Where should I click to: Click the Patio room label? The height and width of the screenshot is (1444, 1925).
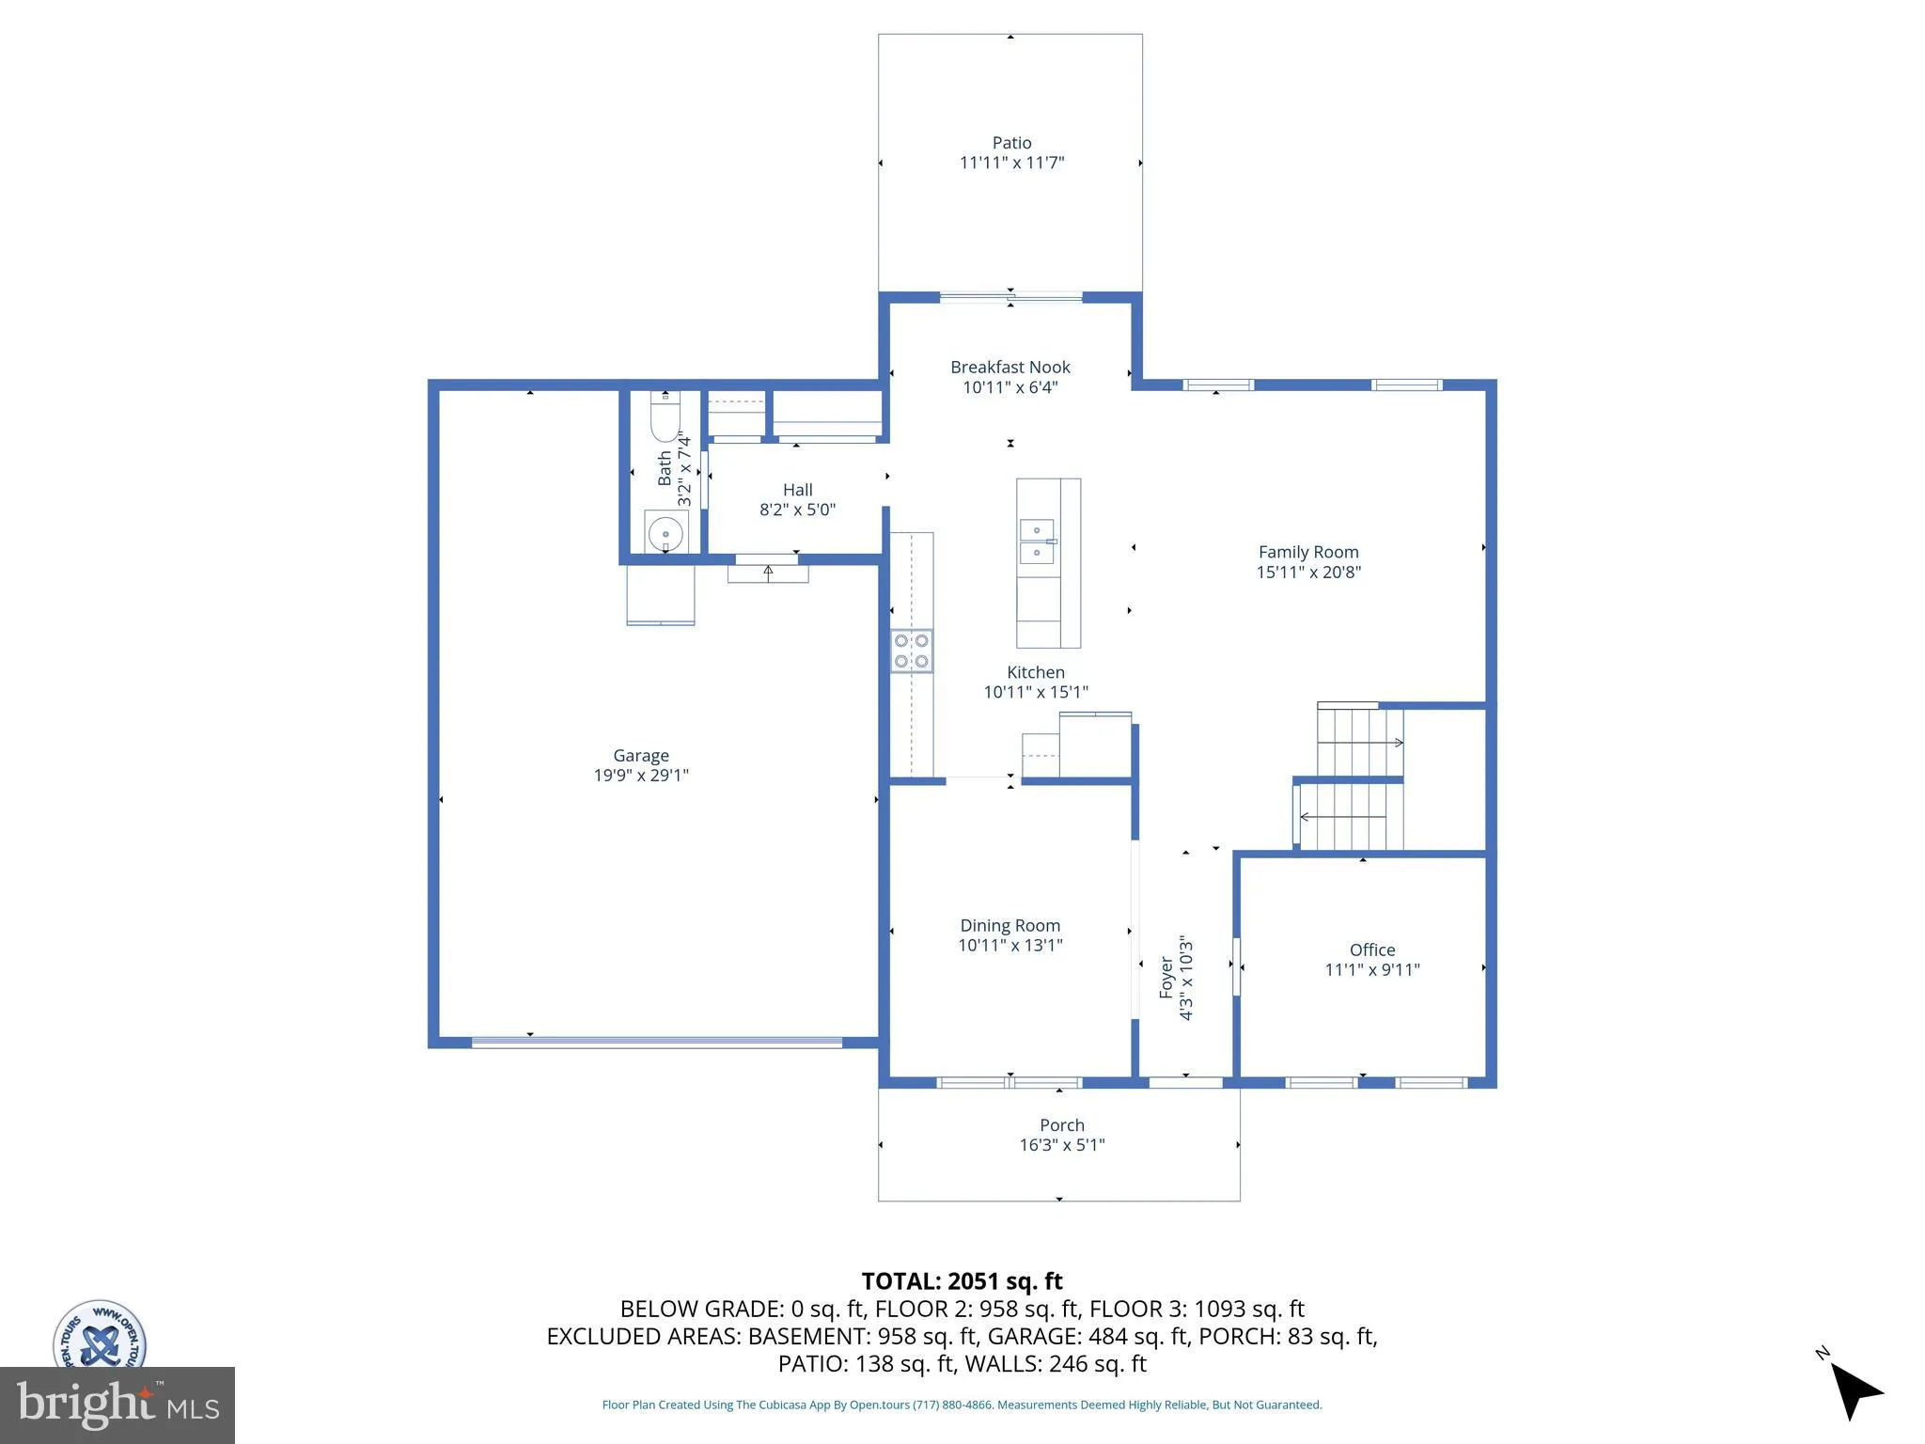click(x=1011, y=143)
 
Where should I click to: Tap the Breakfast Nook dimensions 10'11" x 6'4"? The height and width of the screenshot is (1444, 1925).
click(x=1010, y=387)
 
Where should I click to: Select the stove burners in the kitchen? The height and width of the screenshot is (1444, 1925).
click(x=912, y=651)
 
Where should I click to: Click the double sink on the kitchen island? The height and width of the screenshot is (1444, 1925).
click(x=1037, y=541)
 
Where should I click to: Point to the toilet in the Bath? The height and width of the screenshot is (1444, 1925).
click(x=665, y=418)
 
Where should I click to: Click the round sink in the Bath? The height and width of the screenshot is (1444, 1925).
click(x=665, y=534)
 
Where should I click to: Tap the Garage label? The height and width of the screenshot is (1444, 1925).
click(x=641, y=756)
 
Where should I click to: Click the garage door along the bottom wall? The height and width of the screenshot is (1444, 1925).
click(x=656, y=1042)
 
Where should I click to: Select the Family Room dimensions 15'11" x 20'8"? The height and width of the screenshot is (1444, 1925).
click(x=1308, y=573)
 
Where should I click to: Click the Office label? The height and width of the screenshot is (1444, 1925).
click(x=1372, y=950)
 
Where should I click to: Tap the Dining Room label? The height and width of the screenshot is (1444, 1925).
click(x=1009, y=926)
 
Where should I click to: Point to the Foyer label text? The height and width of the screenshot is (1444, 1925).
click(x=1166, y=978)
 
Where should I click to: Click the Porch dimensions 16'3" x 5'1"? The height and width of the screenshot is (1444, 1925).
click(x=1062, y=1145)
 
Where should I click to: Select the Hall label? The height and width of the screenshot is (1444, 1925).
click(x=797, y=490)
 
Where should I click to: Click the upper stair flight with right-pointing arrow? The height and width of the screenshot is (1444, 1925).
click(x=1359, y=743)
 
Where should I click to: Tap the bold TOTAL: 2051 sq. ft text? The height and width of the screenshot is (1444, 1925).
click(x=962, y=1281)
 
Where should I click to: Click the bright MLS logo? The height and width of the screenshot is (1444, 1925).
click(x=117, y=1405)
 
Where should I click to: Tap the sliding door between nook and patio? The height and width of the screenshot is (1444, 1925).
click(x=1010, y=298)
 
